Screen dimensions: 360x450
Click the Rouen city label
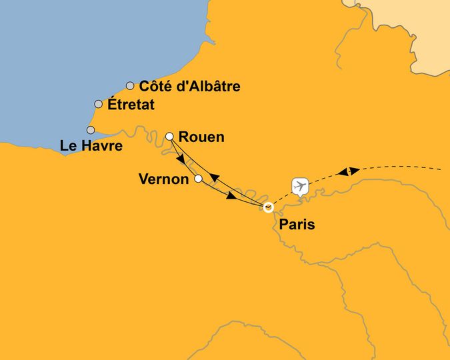point(202,137)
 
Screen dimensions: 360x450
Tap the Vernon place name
point(163,179)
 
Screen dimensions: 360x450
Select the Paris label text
point(297,225)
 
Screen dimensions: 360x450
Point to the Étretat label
point(131,105)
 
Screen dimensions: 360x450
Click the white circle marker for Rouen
point(169,136)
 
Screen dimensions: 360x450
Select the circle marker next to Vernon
point(198,179)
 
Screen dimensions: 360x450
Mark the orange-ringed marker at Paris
point(268,207)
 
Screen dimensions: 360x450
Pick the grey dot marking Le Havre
point(91,130)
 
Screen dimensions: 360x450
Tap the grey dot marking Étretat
point(99,104)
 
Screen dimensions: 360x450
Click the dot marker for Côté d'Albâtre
point(130,85)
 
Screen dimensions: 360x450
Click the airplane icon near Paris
point(300,185)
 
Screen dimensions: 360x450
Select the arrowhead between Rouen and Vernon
point(181,161)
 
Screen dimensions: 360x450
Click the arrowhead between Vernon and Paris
point(231,196)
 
